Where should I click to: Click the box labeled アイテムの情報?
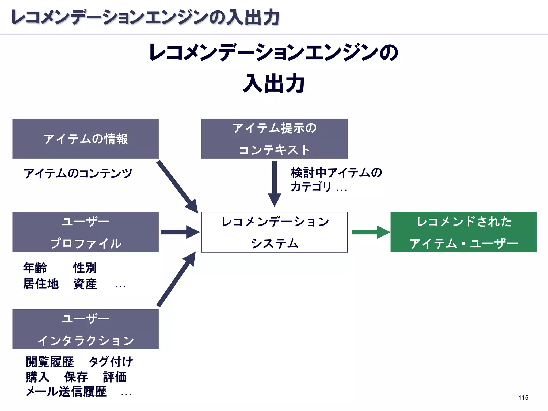85,139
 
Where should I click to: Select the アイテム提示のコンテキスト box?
274,139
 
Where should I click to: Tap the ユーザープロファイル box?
85,232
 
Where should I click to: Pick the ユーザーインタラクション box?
85,329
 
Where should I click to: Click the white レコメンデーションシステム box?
274,232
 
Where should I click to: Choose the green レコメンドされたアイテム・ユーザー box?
463,232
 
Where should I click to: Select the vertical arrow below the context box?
274,183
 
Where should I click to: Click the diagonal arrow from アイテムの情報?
177,186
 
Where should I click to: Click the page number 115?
523,398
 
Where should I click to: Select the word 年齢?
35,268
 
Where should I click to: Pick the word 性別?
85,268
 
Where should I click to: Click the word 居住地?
41,284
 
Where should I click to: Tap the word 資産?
85,284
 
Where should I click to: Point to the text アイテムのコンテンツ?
78,173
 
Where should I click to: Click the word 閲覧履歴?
50,362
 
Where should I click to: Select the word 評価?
115,377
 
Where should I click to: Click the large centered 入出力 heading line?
274,83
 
